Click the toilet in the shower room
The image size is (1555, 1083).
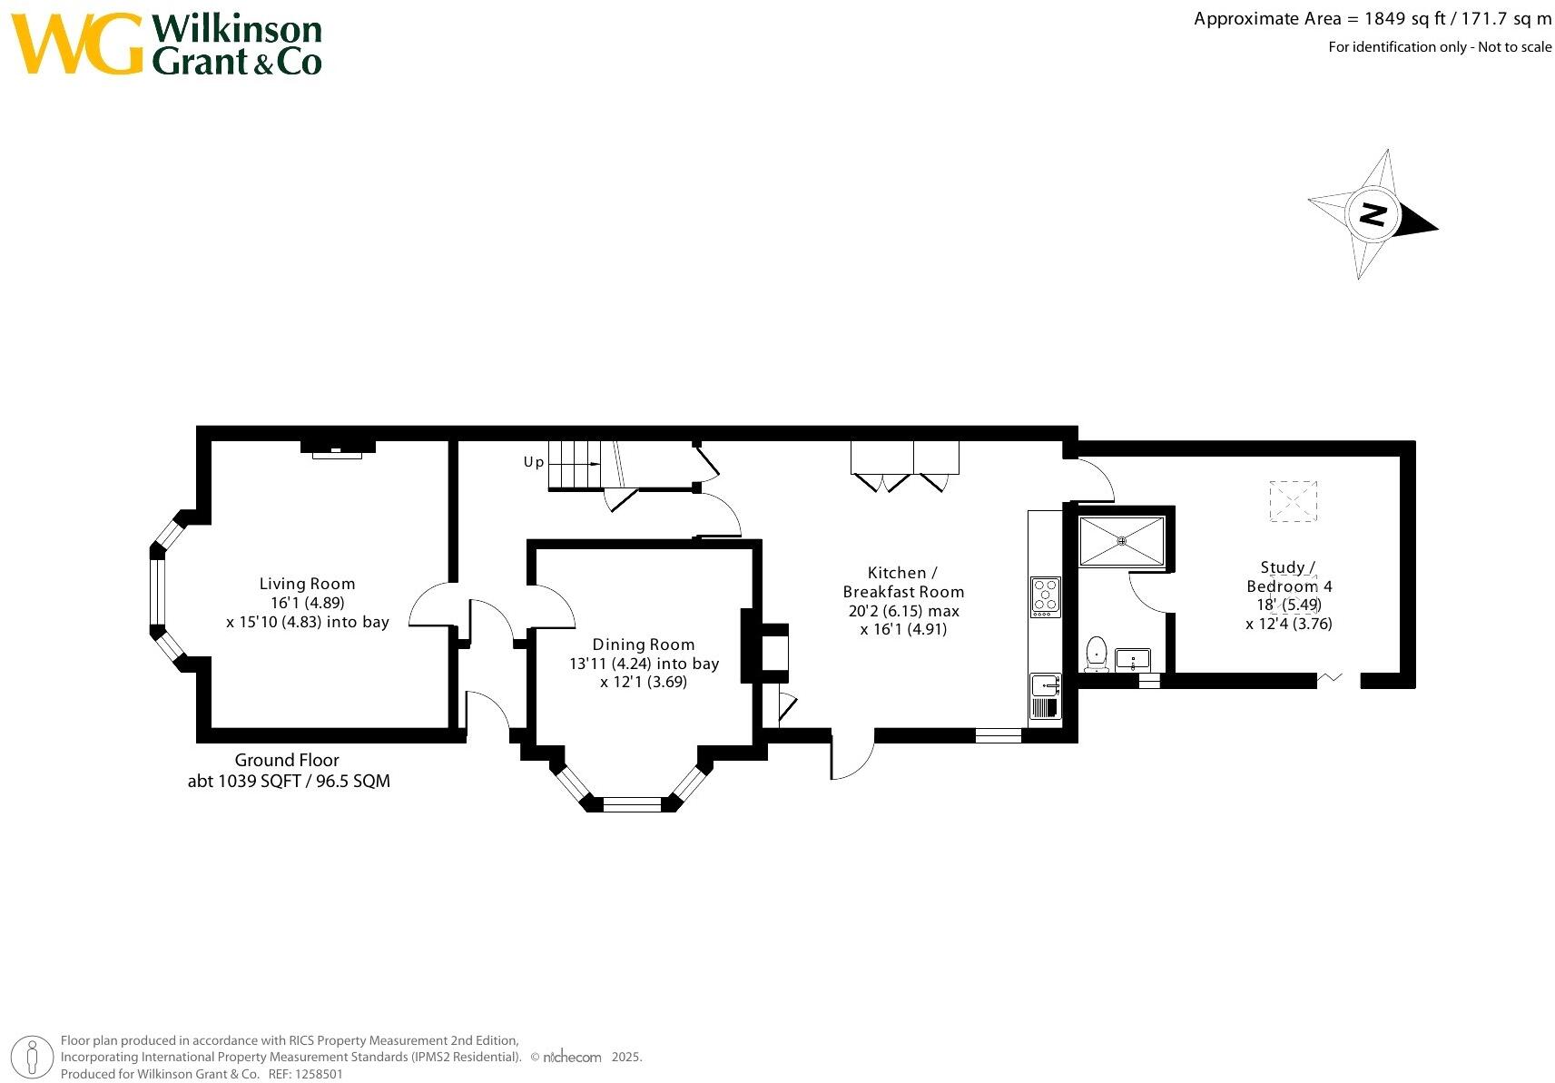pos(1097,654)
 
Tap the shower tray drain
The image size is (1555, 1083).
pos(1122,541)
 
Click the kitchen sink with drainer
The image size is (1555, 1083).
pos(1045,697)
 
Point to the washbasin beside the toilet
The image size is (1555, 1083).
pos(1133,660)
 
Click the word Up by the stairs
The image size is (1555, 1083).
pos(534,462)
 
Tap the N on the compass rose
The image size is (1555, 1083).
pos(1373,215)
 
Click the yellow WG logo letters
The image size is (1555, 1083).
pos(77,44)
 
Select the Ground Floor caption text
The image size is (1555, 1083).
pos(287,761)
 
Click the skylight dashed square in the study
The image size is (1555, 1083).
pos(1292,500)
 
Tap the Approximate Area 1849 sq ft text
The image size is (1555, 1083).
pos(1372,19)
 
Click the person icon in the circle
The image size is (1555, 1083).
pos(34,1057)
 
